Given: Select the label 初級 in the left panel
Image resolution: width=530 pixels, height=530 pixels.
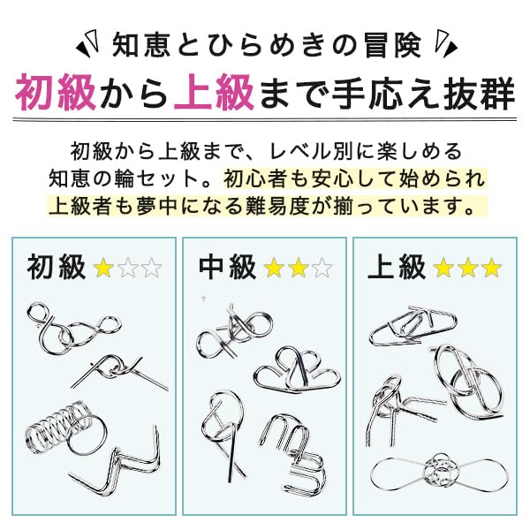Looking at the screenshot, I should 56,266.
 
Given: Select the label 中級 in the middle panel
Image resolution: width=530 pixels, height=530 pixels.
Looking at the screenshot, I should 227,266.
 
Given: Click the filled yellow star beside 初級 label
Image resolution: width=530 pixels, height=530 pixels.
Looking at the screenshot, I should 103,267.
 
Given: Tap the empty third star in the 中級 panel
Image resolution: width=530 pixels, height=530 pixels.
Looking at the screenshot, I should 322,267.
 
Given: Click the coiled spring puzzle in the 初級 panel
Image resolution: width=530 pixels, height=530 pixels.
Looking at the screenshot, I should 55,432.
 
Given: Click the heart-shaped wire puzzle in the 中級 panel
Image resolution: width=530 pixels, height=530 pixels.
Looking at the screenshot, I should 288,367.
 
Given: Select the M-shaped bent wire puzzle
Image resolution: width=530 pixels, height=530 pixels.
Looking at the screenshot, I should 291,450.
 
